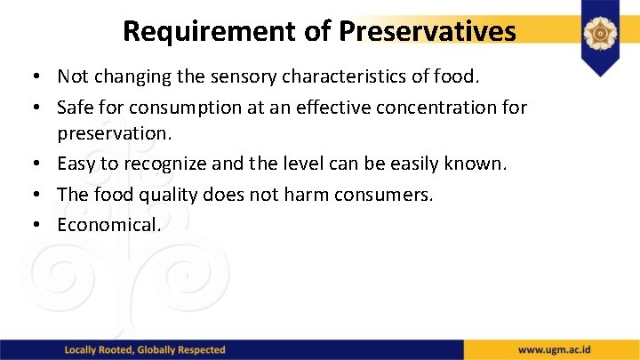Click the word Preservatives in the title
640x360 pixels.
pos(427,31)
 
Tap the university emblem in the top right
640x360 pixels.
pos(600,34)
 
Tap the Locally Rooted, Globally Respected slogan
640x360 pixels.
pos(145,349)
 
